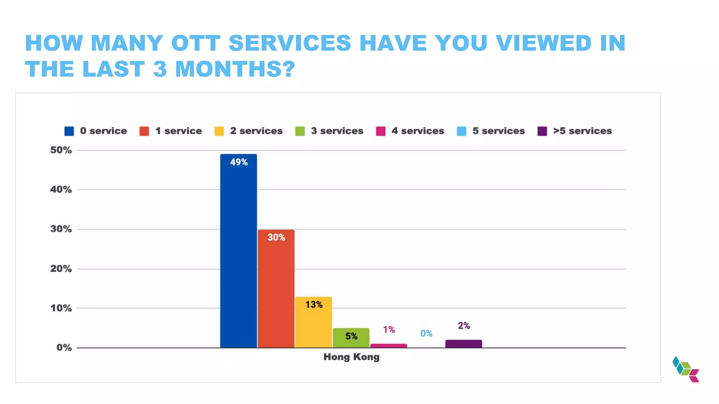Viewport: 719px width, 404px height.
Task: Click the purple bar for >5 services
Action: tap(463, 344)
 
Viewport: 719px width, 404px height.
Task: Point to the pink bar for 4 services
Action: tap(389, 346)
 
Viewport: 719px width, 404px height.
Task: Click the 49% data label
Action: tap(239, 162)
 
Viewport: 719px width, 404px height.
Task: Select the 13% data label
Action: tap(314, 304)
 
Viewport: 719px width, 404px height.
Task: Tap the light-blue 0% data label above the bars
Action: tap(426, 334)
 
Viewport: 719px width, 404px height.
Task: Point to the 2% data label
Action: tap(464, 326)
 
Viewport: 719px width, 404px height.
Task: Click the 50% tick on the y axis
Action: tap(61, 150)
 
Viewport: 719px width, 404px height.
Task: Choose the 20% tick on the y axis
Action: tap(61, 269)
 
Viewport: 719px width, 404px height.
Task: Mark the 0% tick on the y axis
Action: tap(64, 348)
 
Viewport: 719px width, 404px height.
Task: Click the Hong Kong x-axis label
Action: tap(351, 357)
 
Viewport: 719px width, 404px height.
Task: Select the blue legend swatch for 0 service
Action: tap(69, 131)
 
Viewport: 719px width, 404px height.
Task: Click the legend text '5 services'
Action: tap(499, 131)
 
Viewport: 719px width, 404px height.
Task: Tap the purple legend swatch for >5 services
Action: tap(542, 131)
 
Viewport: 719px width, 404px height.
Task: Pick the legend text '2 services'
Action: tap(256, 131)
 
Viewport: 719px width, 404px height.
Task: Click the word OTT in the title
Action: tap(196, 43)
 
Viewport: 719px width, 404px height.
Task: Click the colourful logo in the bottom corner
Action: tap(686, 369)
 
